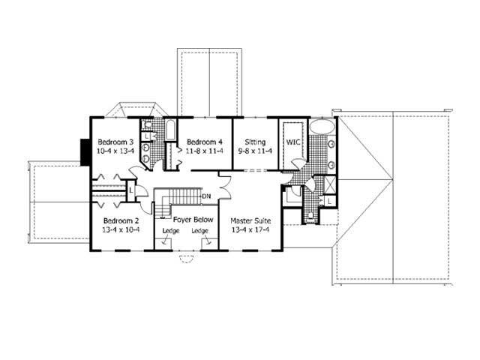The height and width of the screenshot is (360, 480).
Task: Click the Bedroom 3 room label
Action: pyautogui.click(x=115, y=142)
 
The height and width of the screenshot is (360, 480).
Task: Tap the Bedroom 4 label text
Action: pyautogui.click(x=205, y=142)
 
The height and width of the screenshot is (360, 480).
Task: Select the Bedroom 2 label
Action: pyautogui.click(x=121, y=220)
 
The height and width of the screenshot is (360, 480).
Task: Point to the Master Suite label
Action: pyautogui.click(x=250, y=220)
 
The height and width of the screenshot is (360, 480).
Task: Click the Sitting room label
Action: pyautogui.click(x=254, y=142)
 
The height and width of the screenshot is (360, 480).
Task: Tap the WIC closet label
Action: pyautogui.click(x=292, y=142)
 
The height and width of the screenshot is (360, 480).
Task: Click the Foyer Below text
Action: pyautogui.click(x=193, y=220)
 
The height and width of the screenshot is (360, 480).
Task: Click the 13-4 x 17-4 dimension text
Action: pyautogui.click(x=250, y=229)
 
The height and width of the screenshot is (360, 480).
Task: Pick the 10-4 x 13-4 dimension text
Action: pyautogui.click(x=115, y=151)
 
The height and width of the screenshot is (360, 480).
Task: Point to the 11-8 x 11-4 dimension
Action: pyautogui.click(x=205, y=151)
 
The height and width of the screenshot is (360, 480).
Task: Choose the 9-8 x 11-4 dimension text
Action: pyautogui.click(x=254, y=151)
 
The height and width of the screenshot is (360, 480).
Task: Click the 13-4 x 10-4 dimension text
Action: pyautogui.click(x=121, y=229)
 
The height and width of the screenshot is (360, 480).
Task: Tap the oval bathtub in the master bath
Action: pyautogui.click(x=321, y=125)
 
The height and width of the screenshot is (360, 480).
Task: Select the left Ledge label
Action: pyautogui.click(x=170, y=231)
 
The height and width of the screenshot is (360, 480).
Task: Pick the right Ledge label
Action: pyautogui.click(x=199, y=231)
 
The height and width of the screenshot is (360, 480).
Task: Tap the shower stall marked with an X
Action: pyautogui.click(x=327, y=185)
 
